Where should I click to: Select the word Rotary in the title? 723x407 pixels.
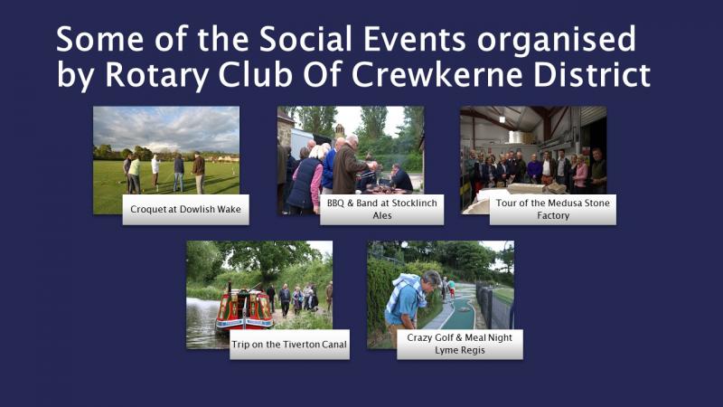pyautogui.click(x=156, y=76)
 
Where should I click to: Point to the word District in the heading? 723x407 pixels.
pyautogui.click(x=592, y=74)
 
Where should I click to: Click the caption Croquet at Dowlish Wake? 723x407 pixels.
pyautogui.click(x=185, y=210)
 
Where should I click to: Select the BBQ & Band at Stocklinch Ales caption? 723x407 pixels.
pyautogui.click(x=381, y=210)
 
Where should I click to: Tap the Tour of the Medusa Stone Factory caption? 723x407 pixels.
pyautogui.click(x=552, y=210)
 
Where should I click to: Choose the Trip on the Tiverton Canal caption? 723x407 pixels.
pyautogui.click(x=289, y=345)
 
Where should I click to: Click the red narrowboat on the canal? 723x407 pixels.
pyautogui.click(x=244, y=309)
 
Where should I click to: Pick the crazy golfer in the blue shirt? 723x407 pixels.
pyautogui.click(x=408, y=306)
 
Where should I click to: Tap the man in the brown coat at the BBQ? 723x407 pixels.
pyautogui.click(x=350, y=166)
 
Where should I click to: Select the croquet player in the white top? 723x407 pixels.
pyautogui.click(x=155, y=172)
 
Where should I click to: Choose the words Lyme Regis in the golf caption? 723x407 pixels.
pyautogui.click(x=460, y=350)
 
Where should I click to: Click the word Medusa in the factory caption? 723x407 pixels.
pyautogui.click(x=550, y=203)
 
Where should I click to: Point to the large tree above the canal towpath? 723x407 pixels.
pyautogui.click(x=268, y=259)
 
